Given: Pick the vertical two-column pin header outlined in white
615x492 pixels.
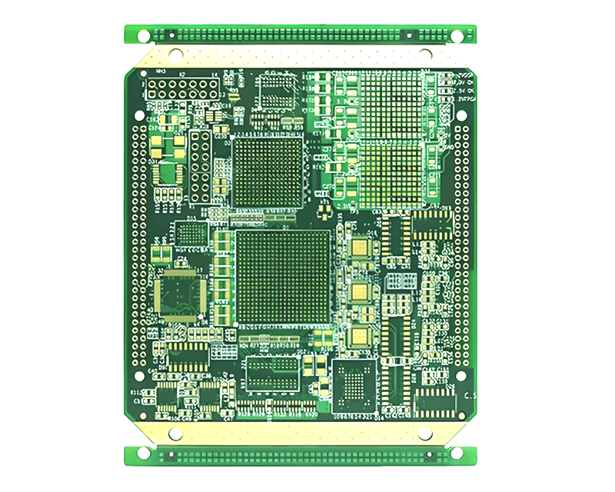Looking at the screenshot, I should [201, 166].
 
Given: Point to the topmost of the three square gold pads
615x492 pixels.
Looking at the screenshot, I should [360, 248].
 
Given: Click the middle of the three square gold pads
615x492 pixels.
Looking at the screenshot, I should [360, 291].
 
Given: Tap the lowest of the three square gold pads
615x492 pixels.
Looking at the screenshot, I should [360, 336].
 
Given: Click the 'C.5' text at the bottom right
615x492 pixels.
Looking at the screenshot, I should [470, 394].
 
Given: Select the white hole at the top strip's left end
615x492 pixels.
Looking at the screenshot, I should [143, 35].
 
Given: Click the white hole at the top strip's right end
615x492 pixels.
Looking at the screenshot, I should [457, 36].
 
